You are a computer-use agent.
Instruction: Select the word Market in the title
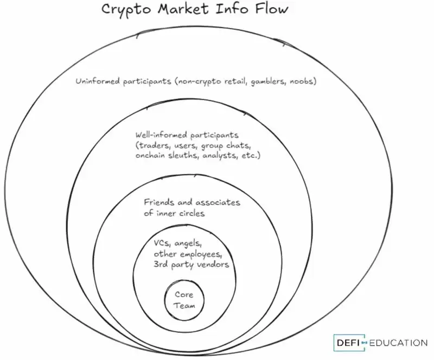181,9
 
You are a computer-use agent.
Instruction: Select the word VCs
162,243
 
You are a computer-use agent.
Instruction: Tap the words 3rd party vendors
191,264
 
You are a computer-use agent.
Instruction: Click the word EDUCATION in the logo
399,343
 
